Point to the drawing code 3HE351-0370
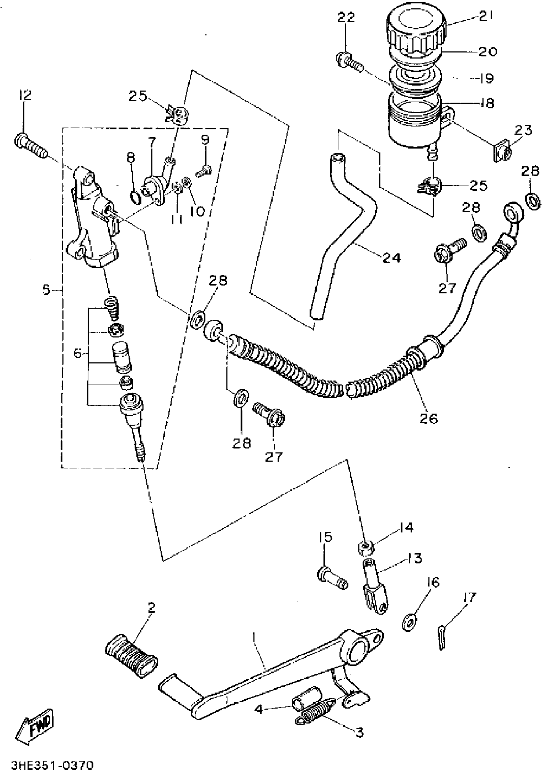coord(47,766)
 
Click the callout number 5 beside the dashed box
coord(47,288)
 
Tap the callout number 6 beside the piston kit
coord(77,352)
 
